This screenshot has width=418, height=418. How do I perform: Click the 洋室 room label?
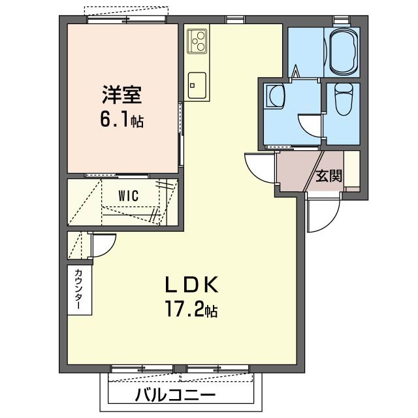[121, 95]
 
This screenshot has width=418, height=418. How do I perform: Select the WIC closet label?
[128, 195]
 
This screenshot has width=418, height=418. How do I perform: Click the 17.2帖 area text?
[191, 310]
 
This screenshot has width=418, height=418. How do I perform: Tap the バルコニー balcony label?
[175, 395]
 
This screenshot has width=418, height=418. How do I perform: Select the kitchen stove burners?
[197, 42]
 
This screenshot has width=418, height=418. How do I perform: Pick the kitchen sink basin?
[197, 83]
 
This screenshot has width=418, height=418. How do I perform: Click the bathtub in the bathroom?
[344, 53]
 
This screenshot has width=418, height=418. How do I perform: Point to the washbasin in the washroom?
[274, 97]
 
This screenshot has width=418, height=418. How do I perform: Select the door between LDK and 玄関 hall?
[261, 167]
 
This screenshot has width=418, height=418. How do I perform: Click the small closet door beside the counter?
[102, 245]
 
